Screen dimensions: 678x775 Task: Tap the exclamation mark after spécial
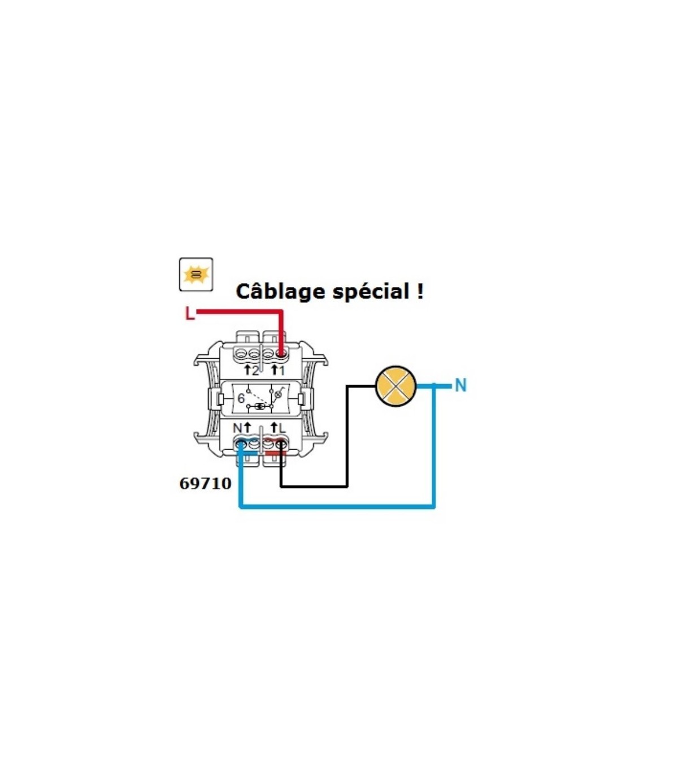pos(420,291)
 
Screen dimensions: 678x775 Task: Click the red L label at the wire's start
pos(190,313)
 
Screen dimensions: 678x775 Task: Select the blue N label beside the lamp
pos(460,386)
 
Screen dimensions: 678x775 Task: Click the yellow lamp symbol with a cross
pos(395,386)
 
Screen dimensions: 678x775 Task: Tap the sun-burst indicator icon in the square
pos(196,275)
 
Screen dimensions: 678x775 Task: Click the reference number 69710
pos(205,484)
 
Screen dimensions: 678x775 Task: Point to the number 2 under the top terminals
pos(255,371)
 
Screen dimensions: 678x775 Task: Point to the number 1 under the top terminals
pos(281,371)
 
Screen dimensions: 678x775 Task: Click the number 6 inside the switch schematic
pos(241,398)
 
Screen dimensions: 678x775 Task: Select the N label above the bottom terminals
pos(237,428)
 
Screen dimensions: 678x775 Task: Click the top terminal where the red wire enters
pos(280,354)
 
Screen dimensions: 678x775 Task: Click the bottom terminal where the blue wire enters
pos(241,443)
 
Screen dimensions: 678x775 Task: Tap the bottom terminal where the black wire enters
pos(281,443)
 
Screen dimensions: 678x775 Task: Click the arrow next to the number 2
pos(247,369)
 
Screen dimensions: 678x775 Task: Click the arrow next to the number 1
pos(274,369)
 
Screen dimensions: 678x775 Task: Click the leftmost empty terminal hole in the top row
pos(241,354)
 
